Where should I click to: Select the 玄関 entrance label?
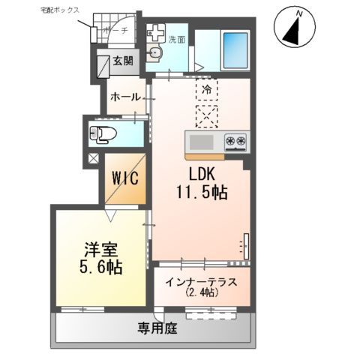tap(123, 61)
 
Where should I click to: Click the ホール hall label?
tap(124, 97)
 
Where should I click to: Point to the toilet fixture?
tap(101, 133)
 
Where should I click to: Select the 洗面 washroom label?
tap(177, 39)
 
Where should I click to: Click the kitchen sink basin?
tap(201, 142)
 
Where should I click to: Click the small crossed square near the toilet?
tap(94, 158)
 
